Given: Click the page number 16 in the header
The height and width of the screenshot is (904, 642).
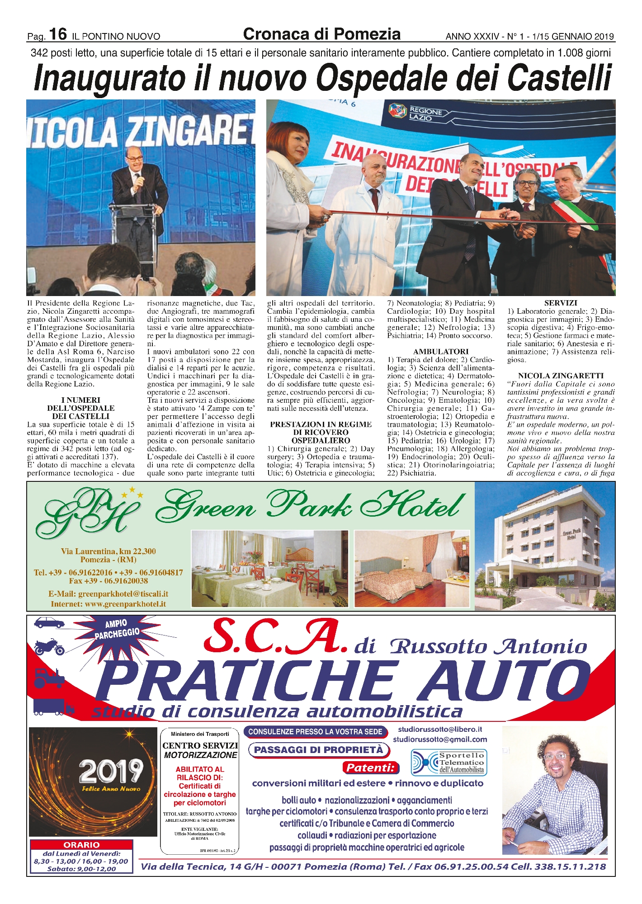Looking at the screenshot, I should tap(58, 34).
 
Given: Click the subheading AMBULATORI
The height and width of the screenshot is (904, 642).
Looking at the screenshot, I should tap(440, 351).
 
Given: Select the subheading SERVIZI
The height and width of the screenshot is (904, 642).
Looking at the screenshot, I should tap(561, 303).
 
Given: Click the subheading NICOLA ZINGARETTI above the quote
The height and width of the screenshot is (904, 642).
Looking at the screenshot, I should tap(561, 376).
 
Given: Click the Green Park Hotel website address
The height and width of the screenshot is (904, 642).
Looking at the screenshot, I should tap(108, 604).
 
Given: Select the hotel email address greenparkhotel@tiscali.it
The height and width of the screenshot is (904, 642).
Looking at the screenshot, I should tap(108, 594).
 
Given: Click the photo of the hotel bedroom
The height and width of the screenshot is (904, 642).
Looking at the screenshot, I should tap(411, 569).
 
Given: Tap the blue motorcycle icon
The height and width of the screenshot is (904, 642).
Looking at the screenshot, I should tap(50, 648).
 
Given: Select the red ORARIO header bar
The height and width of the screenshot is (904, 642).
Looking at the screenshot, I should tap(81, 845).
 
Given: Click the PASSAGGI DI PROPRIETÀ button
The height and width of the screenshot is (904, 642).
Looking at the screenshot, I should tap(318, 750).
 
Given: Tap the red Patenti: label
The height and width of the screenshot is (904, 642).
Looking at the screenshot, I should tap(370, 767).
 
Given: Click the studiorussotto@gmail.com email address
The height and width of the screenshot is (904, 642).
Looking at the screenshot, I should tap(440, 739).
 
